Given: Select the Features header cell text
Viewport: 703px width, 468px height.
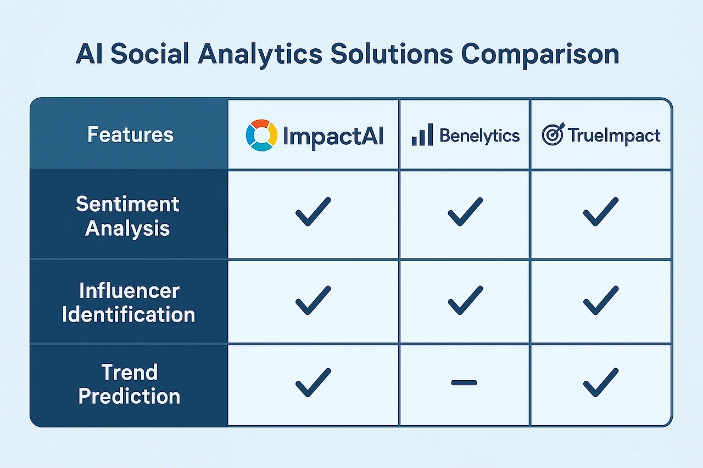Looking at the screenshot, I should (x=131, y=135).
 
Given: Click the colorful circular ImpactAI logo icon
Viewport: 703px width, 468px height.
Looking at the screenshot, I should (x=261, y=136).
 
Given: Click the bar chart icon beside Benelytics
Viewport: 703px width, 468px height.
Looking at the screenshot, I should (x=422, y=136).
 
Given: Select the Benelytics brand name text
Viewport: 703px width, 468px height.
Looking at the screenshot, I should (x=479, y=136).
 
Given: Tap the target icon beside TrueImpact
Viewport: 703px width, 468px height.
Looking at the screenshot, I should (x=553, y=135).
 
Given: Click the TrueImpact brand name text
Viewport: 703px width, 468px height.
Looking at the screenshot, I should (x=614, y=136).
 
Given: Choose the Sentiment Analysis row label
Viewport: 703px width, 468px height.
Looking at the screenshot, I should (x=127, y=216).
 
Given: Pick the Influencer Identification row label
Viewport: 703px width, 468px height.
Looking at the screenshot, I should (x=129, y=302).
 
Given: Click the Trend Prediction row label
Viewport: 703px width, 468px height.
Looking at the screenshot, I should (x=129, y=384).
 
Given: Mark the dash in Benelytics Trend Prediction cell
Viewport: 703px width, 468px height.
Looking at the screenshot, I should (x=464, y=383).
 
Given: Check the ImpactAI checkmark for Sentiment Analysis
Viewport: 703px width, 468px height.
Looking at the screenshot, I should (x=313, y=212).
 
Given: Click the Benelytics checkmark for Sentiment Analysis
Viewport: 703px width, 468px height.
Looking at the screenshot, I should (x=465, y=212).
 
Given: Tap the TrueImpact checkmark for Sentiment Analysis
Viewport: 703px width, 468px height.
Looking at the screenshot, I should (x=600, y=212).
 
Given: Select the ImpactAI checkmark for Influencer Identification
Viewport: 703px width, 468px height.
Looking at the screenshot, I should (x=313, y=300).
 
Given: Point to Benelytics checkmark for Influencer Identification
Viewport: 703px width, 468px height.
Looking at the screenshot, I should (x=465, y=300).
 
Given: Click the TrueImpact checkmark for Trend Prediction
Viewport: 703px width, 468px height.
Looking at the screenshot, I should (x=600, y=382).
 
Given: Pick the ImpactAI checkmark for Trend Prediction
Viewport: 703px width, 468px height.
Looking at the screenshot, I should (x=313, y=382).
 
